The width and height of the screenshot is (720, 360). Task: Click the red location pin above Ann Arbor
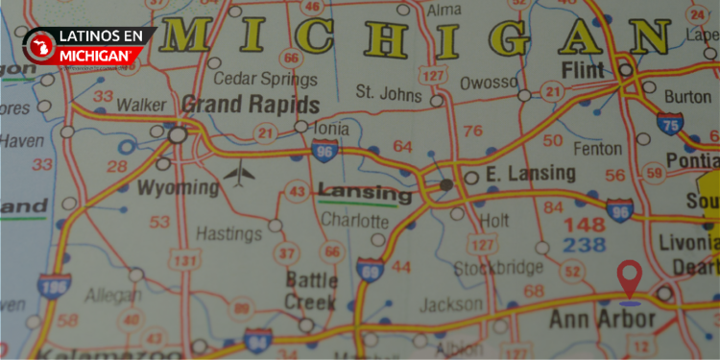(630, 277)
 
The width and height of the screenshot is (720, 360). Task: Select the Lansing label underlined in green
(364, 193)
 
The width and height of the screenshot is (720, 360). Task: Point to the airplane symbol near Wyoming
(239, 176)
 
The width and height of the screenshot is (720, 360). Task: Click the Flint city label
(584, 71)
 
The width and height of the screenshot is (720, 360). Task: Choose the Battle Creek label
(312, 290)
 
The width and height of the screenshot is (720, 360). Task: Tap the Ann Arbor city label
(602, 319)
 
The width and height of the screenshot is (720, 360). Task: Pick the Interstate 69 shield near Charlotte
(367, 272)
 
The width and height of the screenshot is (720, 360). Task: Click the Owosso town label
(489, 84)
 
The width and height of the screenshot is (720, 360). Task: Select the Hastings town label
(228, 232)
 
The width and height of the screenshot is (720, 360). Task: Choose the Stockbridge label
(497, 268)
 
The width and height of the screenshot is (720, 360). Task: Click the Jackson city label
(450, 304)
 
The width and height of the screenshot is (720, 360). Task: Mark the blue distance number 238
(585, 245)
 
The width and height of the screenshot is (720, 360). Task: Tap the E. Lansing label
(530, 174)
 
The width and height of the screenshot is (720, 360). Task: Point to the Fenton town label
(597, 149)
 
